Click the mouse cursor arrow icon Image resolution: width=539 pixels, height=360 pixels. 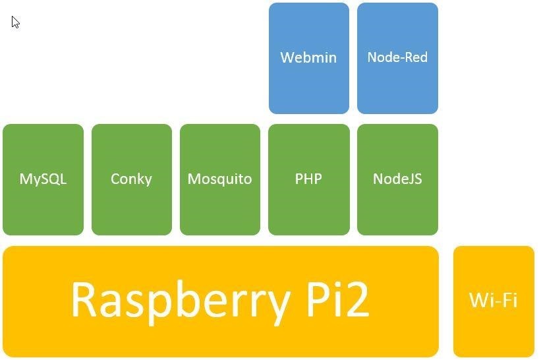point(15,22)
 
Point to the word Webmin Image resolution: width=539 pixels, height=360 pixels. point(308,57)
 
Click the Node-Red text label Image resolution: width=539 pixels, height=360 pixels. point(397,57)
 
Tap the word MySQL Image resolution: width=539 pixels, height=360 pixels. point(43,179)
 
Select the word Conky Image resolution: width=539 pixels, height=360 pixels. point(131,179)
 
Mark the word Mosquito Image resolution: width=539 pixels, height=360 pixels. point(219,179)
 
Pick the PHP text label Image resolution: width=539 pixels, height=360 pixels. point(308,179)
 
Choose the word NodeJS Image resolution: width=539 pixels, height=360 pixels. point(397,179)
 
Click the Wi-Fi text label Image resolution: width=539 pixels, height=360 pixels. point(494,301)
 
